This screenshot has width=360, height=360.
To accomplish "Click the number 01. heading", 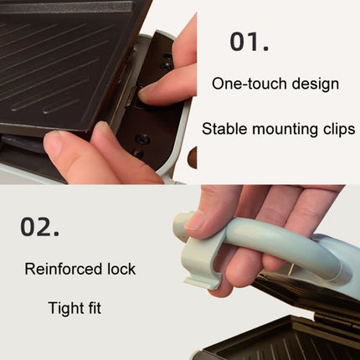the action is point(249,42).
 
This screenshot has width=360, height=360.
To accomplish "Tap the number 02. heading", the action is point(39,227).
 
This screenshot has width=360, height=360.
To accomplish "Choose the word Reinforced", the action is point(63,269).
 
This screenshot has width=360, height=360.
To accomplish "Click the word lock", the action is point(121,269).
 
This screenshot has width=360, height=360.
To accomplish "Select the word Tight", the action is point(66,309).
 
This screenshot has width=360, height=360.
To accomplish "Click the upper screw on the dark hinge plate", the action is point(167,66).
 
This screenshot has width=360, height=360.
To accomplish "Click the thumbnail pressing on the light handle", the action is point(196,220).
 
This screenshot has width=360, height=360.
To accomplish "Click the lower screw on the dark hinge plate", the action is point(142,139).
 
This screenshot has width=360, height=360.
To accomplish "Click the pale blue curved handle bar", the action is point(279,245).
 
